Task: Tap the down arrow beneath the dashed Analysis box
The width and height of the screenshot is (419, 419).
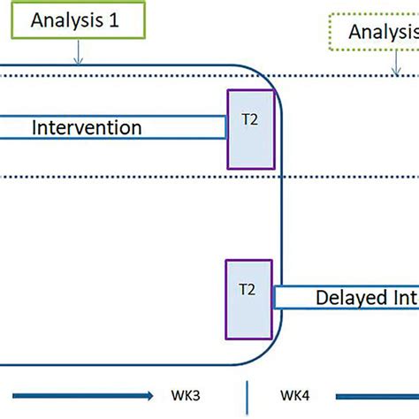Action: pyautogui.click(x=394, y=63)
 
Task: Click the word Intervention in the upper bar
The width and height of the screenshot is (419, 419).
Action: pyautogui.click(x=87, y=127)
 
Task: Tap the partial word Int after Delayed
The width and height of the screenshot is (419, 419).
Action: pyautogui.click(x=401, y=298)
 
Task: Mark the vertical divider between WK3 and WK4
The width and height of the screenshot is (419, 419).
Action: pyautogui.click(x=247, y=394)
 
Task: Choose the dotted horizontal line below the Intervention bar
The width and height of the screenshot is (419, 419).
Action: pyautogui.click(x=133, y=177)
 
